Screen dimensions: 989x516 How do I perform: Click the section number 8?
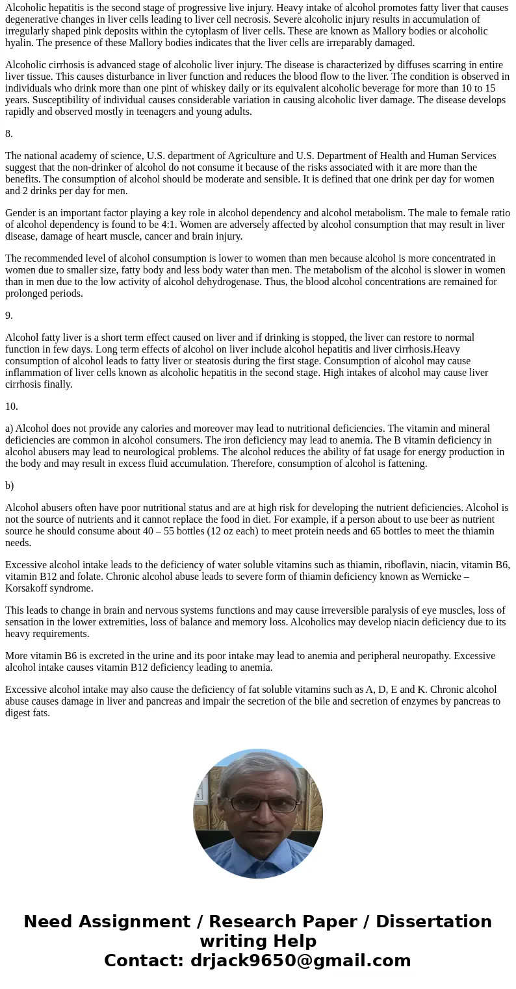click(9, 134)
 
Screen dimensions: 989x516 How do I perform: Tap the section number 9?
click(9, 316)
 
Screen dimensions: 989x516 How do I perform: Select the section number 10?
click(12, 407)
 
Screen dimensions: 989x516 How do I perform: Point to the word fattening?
click(406, 464)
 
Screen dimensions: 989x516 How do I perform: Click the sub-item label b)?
click(9, 486)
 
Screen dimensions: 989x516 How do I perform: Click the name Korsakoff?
click(33, 588)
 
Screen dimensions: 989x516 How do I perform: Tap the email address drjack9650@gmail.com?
click(300, 961)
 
